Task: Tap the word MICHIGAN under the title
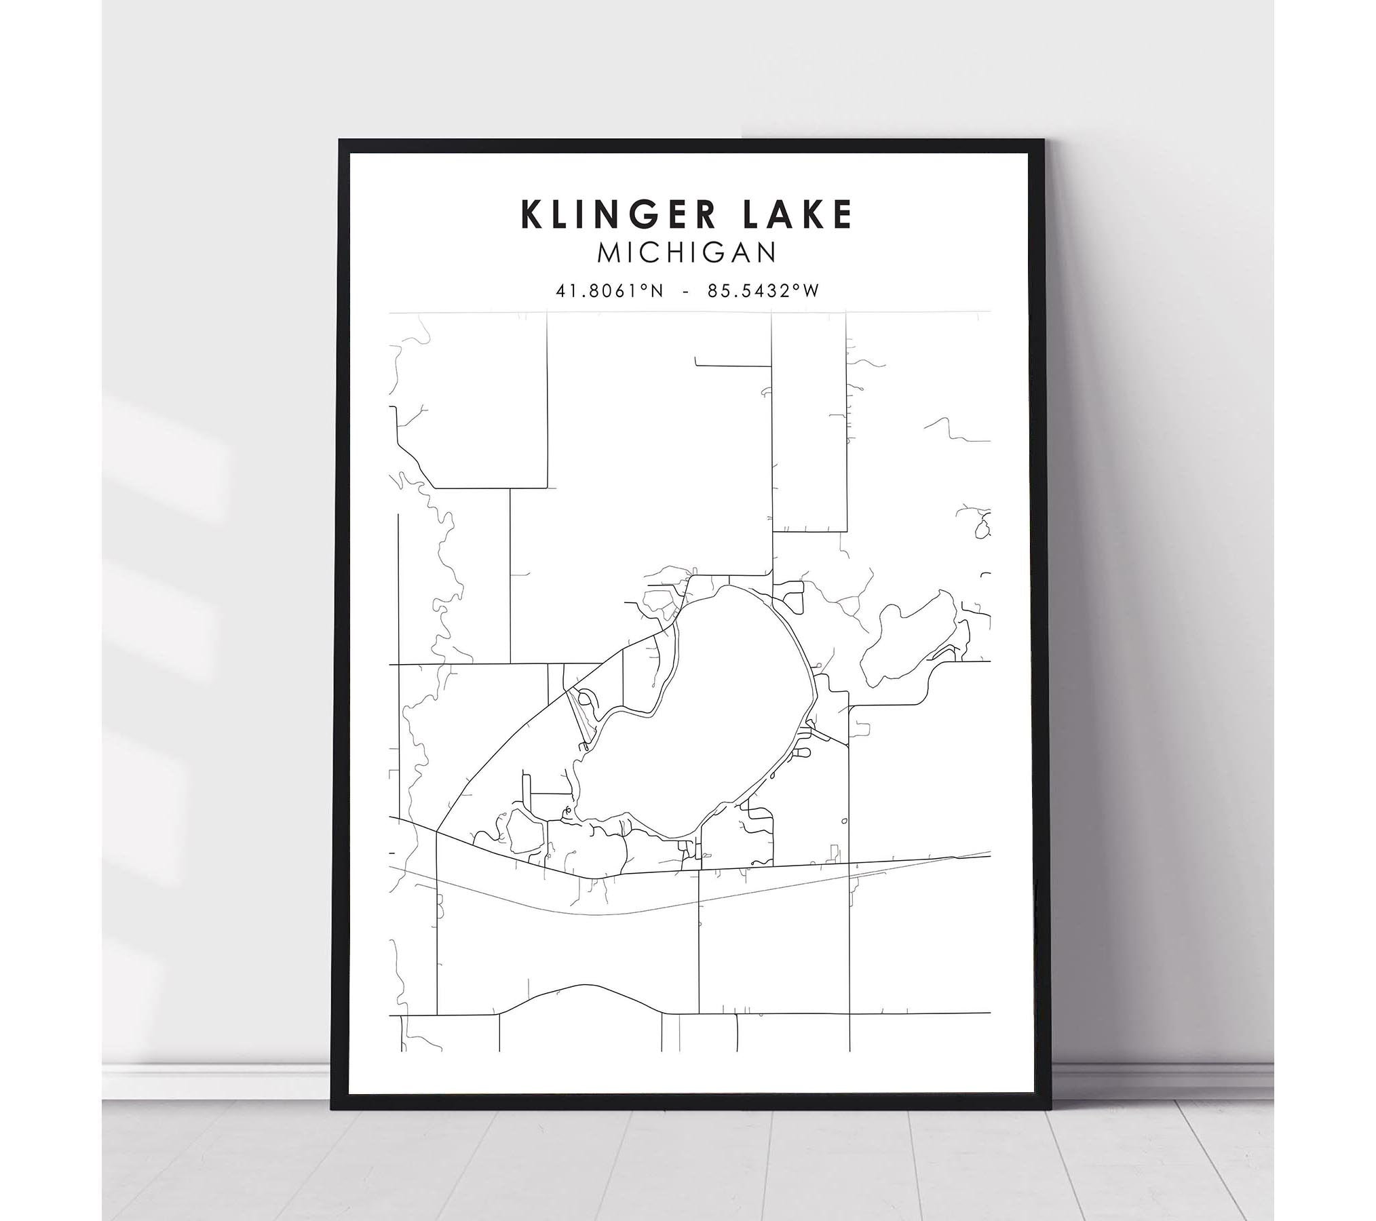coord(687,253)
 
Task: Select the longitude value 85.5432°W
coord(763,291)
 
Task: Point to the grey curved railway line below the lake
coord(611,914)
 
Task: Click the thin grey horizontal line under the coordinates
coord(689,312)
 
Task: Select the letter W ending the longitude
coord(811,291)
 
